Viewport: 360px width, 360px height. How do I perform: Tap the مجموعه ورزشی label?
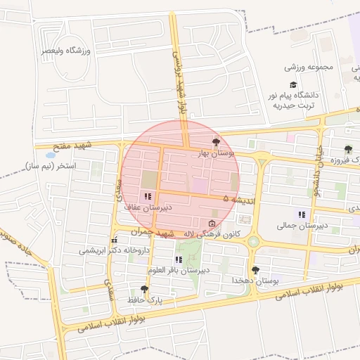[309, 67]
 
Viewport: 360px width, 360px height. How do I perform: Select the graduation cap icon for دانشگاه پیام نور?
[293, 85]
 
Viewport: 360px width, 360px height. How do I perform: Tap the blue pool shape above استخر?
[49, 154]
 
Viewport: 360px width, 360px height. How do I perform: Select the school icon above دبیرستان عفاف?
[147, 197]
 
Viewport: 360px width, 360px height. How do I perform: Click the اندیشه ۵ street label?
[237, 200]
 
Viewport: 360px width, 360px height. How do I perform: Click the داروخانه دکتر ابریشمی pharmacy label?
[107, 250]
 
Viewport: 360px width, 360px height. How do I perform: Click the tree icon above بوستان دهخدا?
[255, 269]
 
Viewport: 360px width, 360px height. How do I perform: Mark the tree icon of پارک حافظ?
[145, 289]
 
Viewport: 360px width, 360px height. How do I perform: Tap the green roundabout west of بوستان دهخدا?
[253, 242]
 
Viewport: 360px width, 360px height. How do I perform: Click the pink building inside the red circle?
[200, 185]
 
